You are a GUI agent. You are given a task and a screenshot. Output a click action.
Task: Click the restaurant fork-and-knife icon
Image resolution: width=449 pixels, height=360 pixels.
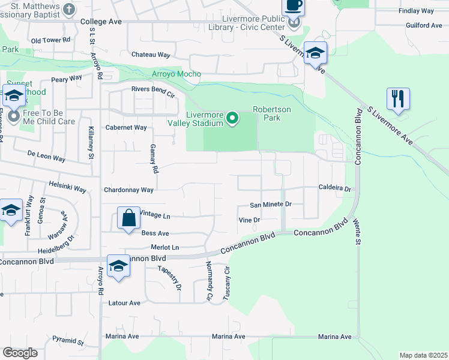[x=398, y=98]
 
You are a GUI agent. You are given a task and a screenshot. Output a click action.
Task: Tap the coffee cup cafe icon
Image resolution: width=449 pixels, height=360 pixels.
[x=293, y=5]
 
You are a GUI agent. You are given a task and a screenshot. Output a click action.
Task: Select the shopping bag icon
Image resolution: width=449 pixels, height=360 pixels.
[x=130, y=218]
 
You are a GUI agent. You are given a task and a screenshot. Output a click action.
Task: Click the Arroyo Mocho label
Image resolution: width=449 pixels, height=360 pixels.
[x=176, y=74]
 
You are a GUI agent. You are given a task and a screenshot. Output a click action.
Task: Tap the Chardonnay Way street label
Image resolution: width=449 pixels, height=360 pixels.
[x=129, y=190]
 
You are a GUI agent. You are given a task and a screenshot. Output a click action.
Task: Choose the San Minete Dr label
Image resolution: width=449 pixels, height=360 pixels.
[x=271, y=204]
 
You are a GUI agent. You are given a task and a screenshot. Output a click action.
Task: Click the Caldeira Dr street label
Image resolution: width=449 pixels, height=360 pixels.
[x=334, y=188]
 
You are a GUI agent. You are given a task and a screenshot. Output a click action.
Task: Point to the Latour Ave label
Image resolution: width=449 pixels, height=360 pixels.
[x=124, y=303]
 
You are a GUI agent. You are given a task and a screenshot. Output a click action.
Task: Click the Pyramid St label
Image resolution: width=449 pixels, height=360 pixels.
[x=67, y=341]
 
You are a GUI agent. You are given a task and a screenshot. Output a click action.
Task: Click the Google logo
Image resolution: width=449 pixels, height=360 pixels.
[x=20, y=353]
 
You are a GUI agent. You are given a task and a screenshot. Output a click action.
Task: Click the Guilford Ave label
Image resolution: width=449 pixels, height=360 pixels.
[x=423, y=25]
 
